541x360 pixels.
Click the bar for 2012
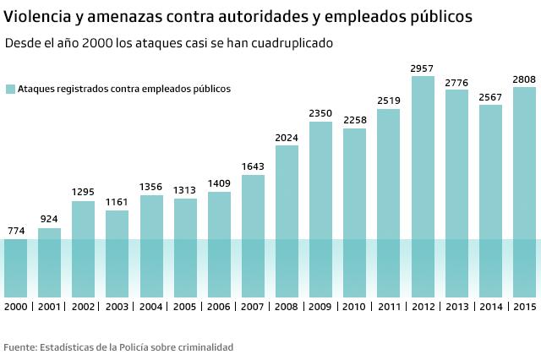[x=423, y=186]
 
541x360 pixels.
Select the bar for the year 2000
[x=15, y=267]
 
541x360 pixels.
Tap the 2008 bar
[x=287, y=221]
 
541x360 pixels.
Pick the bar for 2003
[x=117, y=254]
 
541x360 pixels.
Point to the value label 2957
[x=423, y=68]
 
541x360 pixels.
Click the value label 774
[x=15, y=231]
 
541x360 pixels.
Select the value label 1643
[x=253, y=166]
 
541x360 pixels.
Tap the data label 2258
[x=355, y=120]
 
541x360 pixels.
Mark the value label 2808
[x=524, y=79]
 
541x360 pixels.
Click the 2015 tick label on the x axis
[x=524, y=306]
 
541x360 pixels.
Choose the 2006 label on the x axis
[x=219, y=306]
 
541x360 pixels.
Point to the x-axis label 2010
[x=355, y=306]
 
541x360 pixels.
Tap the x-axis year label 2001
[x=49, y=306]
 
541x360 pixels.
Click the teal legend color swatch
[x=10, y=89]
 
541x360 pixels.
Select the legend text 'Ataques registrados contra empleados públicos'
[x=124, y=89]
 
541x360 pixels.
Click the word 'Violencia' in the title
[x=37, y=16]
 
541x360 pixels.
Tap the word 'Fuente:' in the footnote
[x=20, y=347]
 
